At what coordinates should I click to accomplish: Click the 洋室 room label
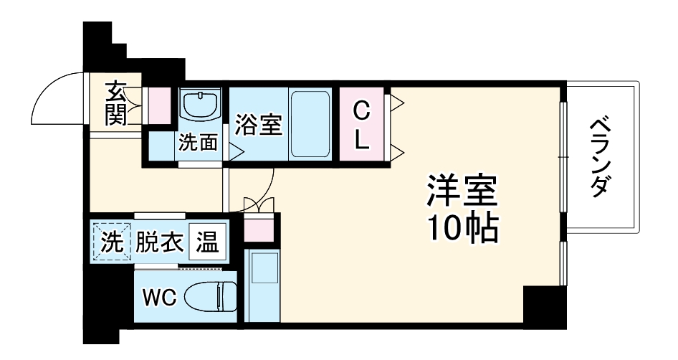pos(462,193)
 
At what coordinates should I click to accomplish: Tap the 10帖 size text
pos(462,228)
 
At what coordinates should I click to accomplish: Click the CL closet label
pos(362,125)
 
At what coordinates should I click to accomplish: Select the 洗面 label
pos(198,143)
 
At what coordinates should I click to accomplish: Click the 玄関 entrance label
pos(116,104)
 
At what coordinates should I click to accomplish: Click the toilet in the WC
pos(211,295)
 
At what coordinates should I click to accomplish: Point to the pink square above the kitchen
pos(259,229)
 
